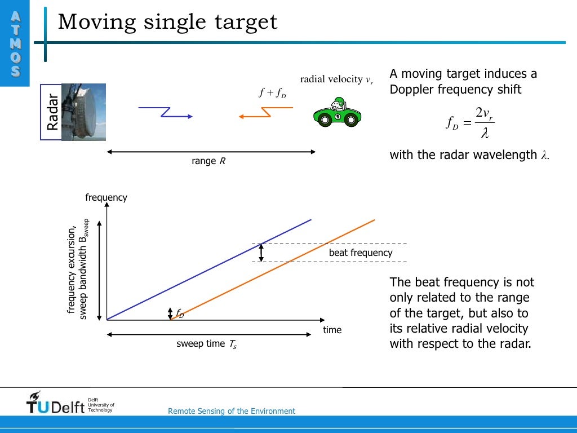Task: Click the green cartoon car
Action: point(337,113)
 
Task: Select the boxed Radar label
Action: point(52,112)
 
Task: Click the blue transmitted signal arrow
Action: point(166,112)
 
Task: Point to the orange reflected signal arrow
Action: point(254,113)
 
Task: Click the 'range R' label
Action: point(208,161)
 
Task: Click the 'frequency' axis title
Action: point(106,197)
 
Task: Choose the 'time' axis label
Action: point(332,330)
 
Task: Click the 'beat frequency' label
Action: point(360,253)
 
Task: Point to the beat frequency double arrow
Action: point(261,253)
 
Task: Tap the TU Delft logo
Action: point(56,403)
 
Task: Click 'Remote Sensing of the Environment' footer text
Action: point(231,411)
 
